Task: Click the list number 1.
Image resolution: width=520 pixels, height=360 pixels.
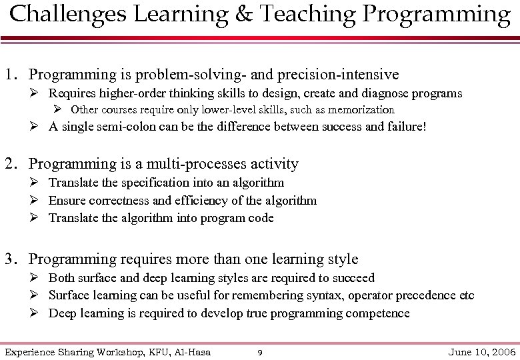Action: (10, 74)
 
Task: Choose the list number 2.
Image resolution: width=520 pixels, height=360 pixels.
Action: (10, 164)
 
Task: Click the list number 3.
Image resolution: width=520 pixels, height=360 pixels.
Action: (10, 259)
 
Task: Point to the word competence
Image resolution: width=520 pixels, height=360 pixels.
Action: (380, 313)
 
